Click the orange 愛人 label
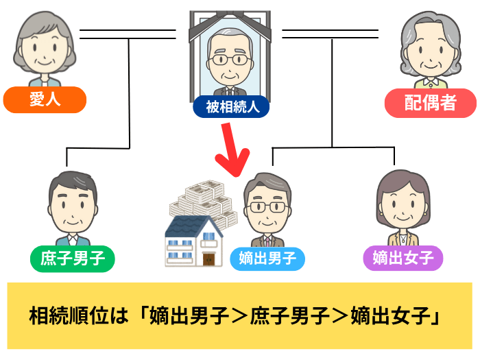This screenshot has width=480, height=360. pos(45,100)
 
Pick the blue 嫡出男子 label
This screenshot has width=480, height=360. pos(267,259)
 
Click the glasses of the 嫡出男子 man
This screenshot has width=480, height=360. pos(268,206)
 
